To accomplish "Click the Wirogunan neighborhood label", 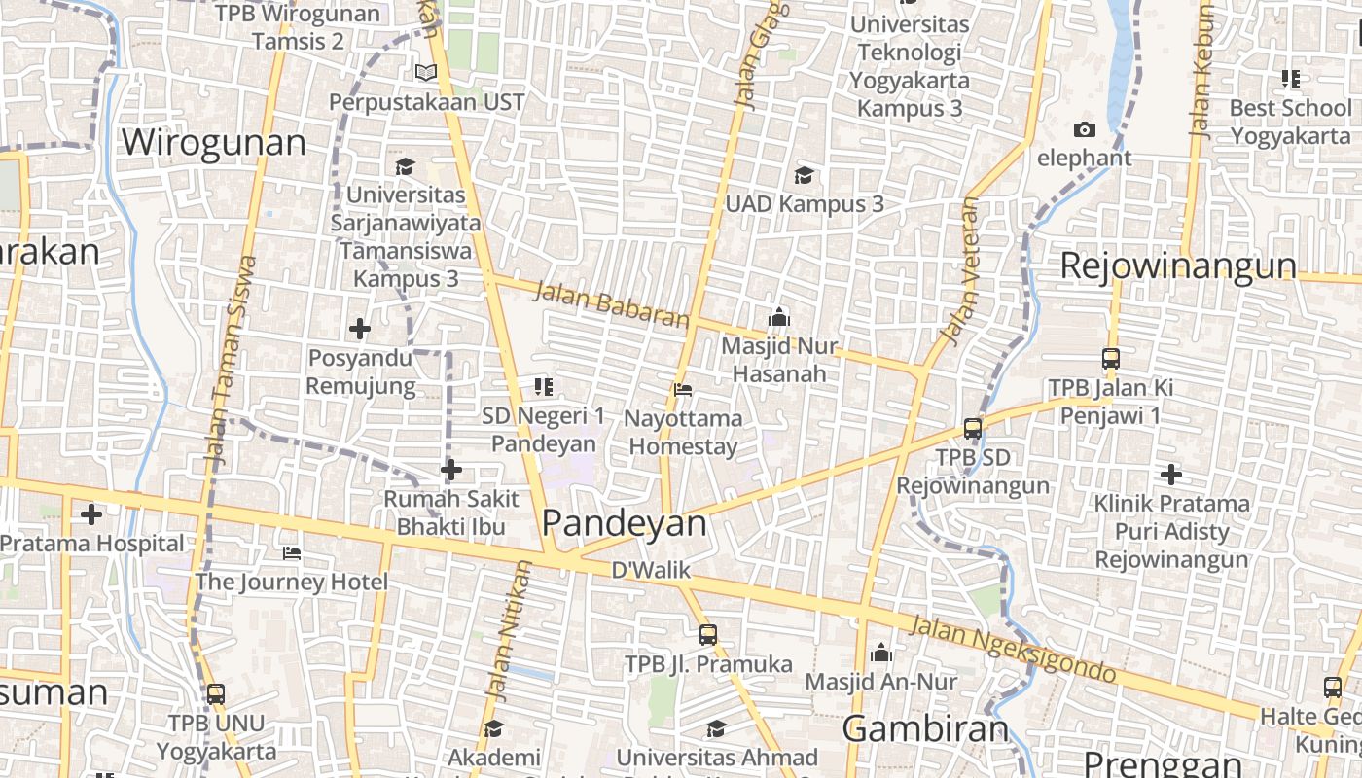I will pyautogui.click(x=213, y=143).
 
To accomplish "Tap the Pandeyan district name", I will pyautogui.click(x=624, y=523).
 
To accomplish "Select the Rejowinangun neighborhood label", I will pyautogui.click(x=1177, y=265).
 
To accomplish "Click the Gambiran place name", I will pyautogui.click(x=925, y=728).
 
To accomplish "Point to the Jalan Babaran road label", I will pyautogui.click(x=611, y=304).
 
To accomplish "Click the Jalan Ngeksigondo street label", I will pyautogui.click(x=1012, y=649).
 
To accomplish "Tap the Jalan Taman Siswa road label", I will pyautogui.click(x=230, y=360).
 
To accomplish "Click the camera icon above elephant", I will pyautogui.click(x=1084, y=129).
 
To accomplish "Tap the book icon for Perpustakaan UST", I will pyautogui.click(x=425, y=72).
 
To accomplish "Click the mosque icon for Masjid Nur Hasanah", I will pyautogui.click(x=778, y=317).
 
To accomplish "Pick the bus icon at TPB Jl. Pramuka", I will pyautogui.click(x=708, y=635).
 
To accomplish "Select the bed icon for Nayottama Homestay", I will pyautogui.click(x=683, y=390).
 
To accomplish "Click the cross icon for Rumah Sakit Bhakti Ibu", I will pyautogui.click(x=450, y=471).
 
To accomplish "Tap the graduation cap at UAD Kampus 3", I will pyautogui.click(x=804, y=175).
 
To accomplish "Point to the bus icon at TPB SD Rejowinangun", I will pyautogui.click(x=972, y=428).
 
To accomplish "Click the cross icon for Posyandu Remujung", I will pyautogui.click(x=360, y=329).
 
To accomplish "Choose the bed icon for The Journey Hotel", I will pyautogui.click(x=291, y=553).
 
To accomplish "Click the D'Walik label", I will pyautogui.click(x=651, y=571).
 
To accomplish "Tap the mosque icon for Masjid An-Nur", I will pyautogui.click(x=881, y=653).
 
